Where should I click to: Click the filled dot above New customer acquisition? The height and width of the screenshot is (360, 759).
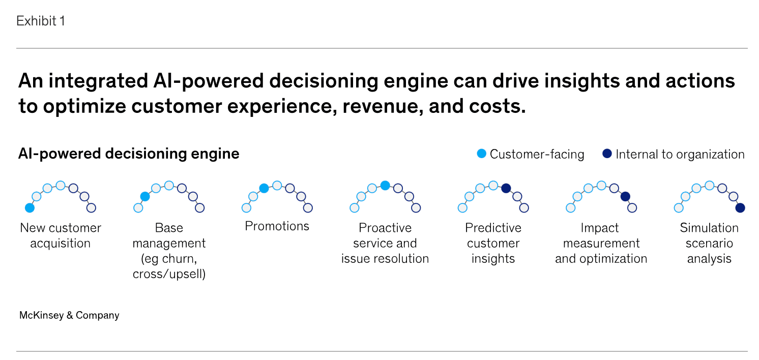click(x=30, y=208)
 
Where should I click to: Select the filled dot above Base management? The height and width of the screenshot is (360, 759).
click(x=145, y=196)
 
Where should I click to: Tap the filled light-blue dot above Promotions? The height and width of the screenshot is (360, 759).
click(x=264, y=188)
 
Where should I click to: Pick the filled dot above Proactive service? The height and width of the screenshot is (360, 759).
click(x=385, y=185)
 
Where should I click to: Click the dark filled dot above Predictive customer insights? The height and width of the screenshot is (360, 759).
click(x=506, y=188)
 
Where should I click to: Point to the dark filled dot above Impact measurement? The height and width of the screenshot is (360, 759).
click(x=625, y=196)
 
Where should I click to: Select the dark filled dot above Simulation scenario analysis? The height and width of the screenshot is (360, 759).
click(x=740, y=208)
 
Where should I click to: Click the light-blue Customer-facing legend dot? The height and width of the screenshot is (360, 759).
click(x=482, y=154)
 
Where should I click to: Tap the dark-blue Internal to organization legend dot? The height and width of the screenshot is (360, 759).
click(x=607, y=154)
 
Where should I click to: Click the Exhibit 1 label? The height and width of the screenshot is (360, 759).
click(x=41, y=21)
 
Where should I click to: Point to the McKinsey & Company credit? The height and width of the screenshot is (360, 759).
click(x=69, y=315)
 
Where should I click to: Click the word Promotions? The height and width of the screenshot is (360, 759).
click(x=277, y=226)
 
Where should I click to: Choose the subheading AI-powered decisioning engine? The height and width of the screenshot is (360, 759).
click(x=129, y=154)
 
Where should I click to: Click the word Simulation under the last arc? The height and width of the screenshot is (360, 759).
click(x=709, y=228)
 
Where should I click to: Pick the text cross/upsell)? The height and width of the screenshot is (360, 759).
click(x=169, y=274)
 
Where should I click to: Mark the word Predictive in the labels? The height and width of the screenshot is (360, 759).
click(x=493, y=228)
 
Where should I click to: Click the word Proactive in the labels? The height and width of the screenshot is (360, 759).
click(x=385, y=228)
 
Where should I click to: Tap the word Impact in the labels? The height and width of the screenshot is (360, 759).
click(x=601, y=228)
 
